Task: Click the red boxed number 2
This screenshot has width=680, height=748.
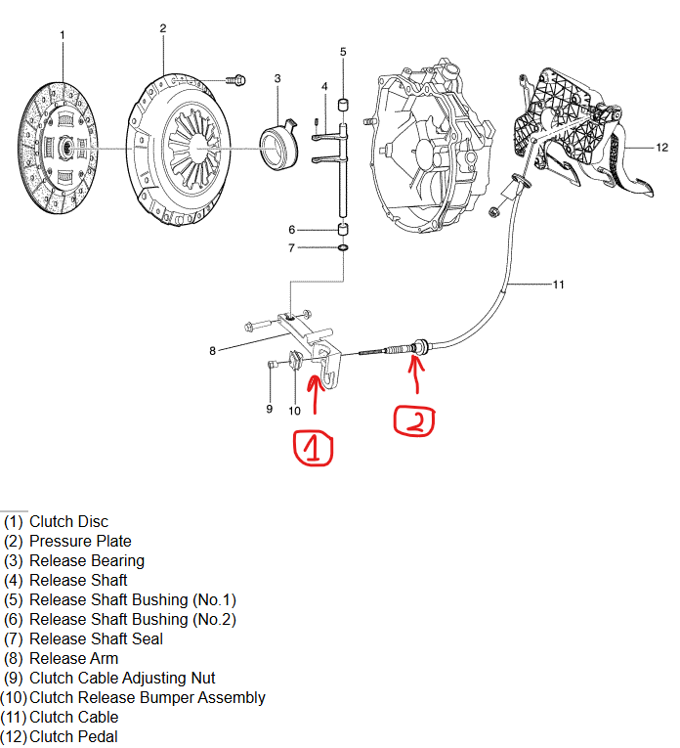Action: [x=414, y=419]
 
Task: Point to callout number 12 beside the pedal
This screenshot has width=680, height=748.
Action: [x=661, y=148]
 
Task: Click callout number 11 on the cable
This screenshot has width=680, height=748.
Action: [x=558, y=286]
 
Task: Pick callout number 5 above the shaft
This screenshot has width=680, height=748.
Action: [x=343, y=51]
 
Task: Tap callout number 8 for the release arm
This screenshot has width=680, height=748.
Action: [x=212, y=350]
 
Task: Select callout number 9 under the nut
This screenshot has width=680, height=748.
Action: [x=270, y=409]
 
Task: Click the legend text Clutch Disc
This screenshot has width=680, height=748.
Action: [x=68, y=522]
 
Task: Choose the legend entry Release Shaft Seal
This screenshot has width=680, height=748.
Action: [x=96, y=639]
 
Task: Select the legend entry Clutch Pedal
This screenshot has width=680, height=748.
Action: [x=73, y=737]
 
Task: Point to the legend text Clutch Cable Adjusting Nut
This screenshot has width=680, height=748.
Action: [x=122, y=679]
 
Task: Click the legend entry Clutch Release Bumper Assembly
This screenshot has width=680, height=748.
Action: [x=147, y=698]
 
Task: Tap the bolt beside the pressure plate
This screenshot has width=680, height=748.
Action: [x=235, y=78]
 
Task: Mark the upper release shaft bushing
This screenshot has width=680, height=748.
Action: [x=343, y=104]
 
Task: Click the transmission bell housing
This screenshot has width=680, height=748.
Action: [x=429, y=147]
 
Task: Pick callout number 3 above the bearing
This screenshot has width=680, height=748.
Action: [x=277, y=78]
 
